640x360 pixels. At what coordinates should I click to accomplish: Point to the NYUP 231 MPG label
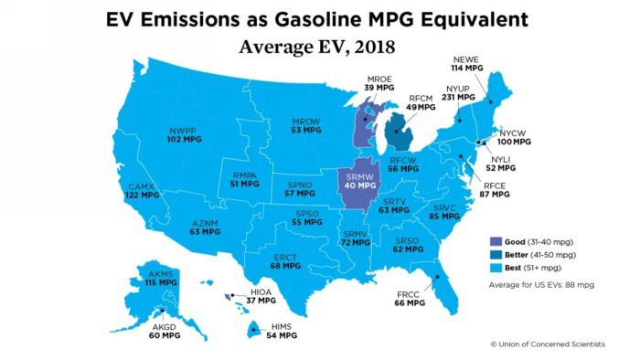pos(459,91)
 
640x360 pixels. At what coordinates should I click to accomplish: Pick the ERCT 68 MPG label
pos(285,261)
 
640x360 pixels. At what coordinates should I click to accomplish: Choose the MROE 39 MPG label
pos(379,82)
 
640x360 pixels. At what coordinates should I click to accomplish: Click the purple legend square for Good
pos(495,241)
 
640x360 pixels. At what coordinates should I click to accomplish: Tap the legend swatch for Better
pos(495,255)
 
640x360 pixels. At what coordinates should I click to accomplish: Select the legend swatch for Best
pos(495,269)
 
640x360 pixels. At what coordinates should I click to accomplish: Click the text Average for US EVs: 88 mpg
pos(540,287)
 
